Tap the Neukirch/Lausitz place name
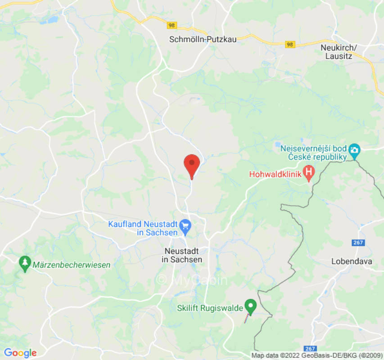coord(339,52)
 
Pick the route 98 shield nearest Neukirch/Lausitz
coord(290,44)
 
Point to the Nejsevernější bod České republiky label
coord(313,153)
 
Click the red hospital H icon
coord(309,172)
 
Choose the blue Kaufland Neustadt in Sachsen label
coord(143,228)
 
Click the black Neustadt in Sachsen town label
coord(182,256)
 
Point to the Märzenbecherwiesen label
coord(71,265)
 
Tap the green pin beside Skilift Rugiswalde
coord(251,307)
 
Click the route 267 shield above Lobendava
coord(358,243)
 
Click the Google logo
coord(20,353)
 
